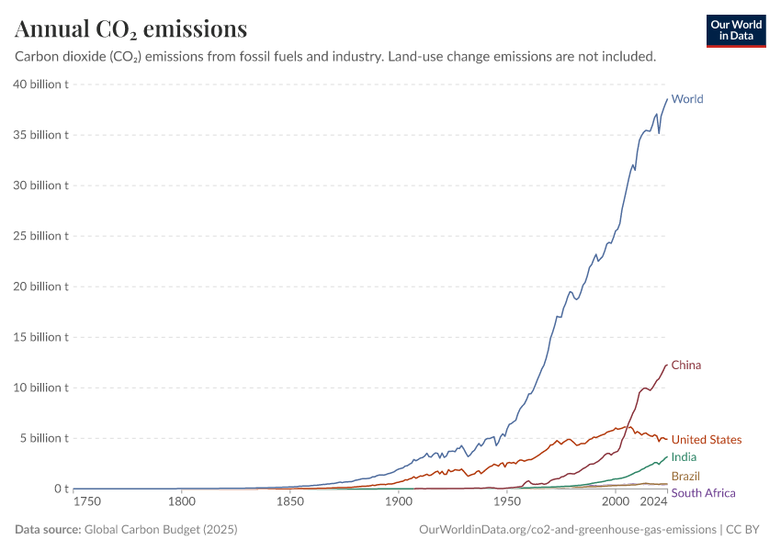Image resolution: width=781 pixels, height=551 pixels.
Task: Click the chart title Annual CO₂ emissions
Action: click(x=130, y=29)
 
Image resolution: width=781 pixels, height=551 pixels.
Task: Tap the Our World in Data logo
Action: click(x=735, y=30)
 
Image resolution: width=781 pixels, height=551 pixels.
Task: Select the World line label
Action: click(x=687, y=99)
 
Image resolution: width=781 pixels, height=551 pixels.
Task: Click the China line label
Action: click(x=686, y=365)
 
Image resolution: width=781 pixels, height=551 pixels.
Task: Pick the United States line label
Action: click(x=707, y=440)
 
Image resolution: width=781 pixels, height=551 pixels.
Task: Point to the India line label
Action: click(x=684, y=457)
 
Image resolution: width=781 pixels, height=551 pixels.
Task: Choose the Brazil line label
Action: click(x=685, y=477)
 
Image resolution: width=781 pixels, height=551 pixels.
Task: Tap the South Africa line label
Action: click(x=704, y=493)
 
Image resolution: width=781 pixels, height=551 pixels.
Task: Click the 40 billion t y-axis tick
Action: click(x=41, y=84)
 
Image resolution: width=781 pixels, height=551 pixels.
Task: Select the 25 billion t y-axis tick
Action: click(x=41, y=236)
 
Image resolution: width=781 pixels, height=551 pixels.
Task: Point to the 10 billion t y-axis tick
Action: click(x=41, y=388)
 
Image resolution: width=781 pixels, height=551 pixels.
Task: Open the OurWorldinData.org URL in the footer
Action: click(x=567, y=530)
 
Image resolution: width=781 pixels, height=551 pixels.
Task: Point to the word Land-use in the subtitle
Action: click(x=416, y=57)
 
